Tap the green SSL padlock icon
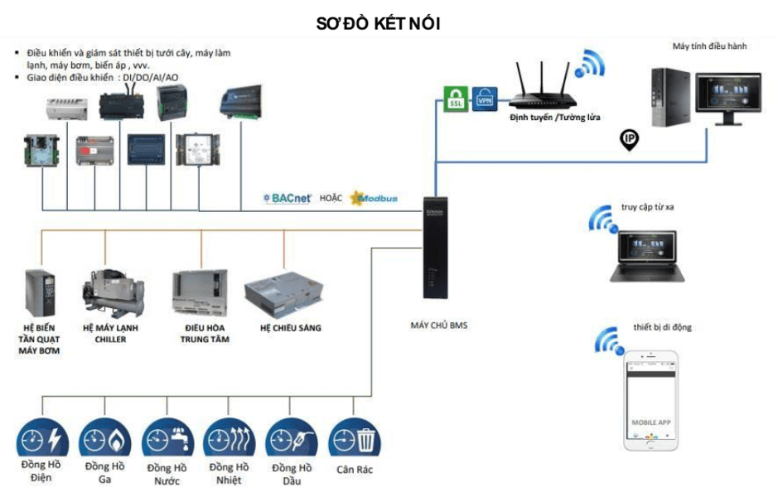455,98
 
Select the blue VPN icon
484,99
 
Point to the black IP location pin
630,139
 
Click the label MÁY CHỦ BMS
438,326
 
